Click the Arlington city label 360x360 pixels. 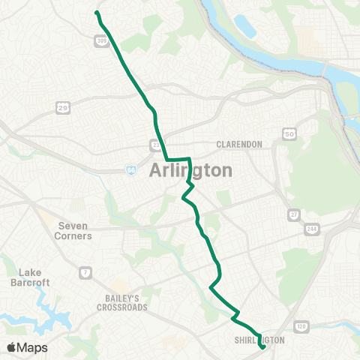coord(191,170)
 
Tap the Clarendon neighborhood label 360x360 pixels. coord(238,144)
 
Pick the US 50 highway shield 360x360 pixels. coord(288,133)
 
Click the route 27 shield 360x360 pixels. coord(292,215)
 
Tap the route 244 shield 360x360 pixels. coord(311,229)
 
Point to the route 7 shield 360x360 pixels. coord(87,270)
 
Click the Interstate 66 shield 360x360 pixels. coord(132,169)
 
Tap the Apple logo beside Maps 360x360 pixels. coord(12,347)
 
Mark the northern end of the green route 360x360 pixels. coord(97,12)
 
